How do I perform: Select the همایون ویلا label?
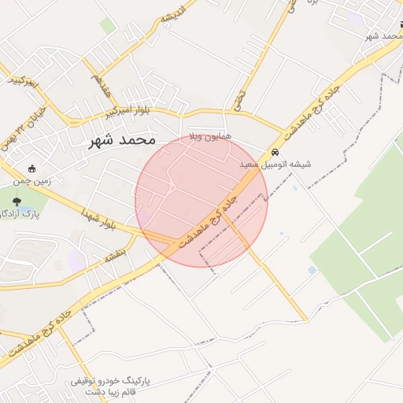coord(209,136)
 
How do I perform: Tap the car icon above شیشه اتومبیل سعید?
coord(275,152)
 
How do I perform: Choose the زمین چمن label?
coord(32,180)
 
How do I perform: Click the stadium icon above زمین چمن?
coord(31,168)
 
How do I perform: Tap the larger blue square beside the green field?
coord(312,270)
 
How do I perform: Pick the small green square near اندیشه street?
coord(108,26)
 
